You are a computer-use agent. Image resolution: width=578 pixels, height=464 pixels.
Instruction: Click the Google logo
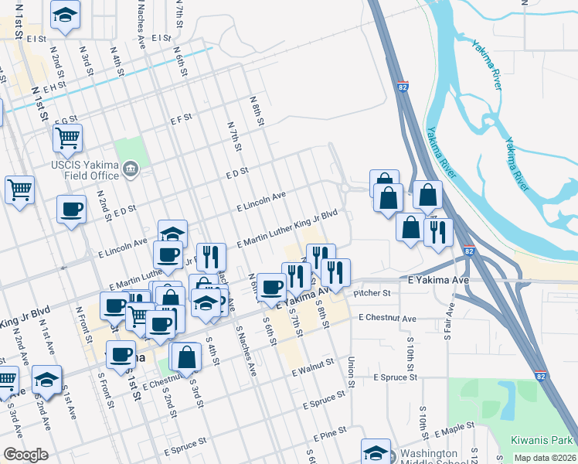[x=25, y=455]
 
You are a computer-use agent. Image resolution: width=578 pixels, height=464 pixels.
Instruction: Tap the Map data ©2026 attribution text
[x=546, y=458]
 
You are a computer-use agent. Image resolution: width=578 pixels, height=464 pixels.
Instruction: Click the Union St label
[x=351, y=371]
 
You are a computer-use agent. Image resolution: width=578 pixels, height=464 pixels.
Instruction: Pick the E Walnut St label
[x=312, y=366]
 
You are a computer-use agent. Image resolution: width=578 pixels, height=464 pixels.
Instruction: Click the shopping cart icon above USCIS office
[x=67, y=138]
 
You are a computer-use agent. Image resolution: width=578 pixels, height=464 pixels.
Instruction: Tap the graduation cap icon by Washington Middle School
[x=376, y=452]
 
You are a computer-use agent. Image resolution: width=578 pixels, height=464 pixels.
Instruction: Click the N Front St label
[x=80, y=321]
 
